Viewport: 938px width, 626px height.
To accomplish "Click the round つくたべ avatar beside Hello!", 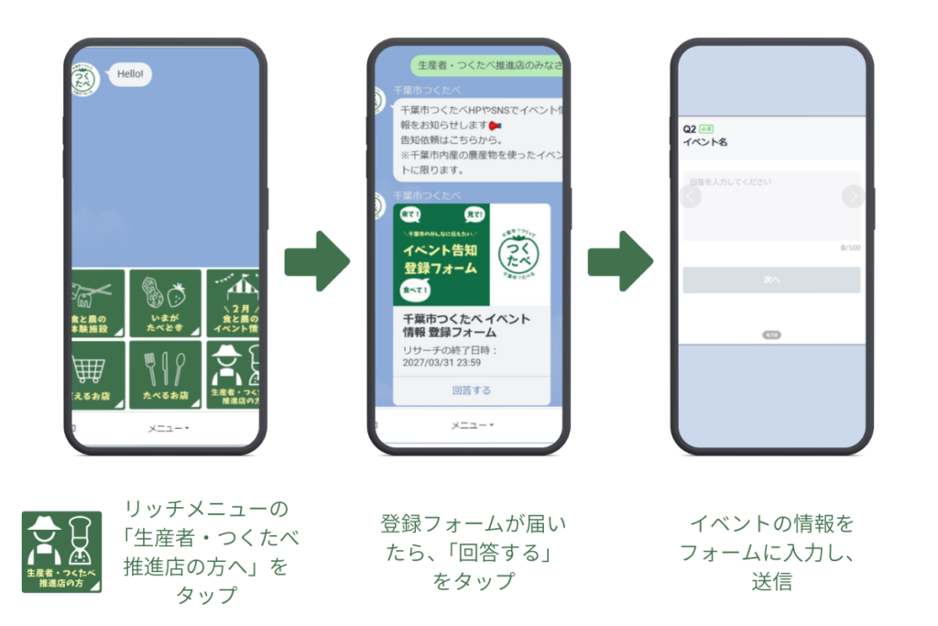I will coord(85,79).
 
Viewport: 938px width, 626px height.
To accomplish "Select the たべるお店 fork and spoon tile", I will coord(165,375).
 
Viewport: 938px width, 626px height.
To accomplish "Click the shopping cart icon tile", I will coord(94,375).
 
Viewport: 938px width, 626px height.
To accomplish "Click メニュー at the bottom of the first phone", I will coord(169,428).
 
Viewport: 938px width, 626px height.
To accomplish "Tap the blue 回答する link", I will coord(472,390).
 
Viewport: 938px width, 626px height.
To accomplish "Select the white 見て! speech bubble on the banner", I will coord(474,215).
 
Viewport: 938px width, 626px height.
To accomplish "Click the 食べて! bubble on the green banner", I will coord(415,291).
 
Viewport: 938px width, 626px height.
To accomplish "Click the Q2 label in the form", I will coord(690,129).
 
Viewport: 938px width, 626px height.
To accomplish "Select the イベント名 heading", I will coord(705,143).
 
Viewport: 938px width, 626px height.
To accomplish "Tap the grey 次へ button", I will coord(771,280).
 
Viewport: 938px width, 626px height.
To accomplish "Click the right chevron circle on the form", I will coord(853,196).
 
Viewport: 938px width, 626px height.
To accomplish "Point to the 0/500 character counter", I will coord(850,248).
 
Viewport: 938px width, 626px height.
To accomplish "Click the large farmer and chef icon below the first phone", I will coord(61,552).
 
